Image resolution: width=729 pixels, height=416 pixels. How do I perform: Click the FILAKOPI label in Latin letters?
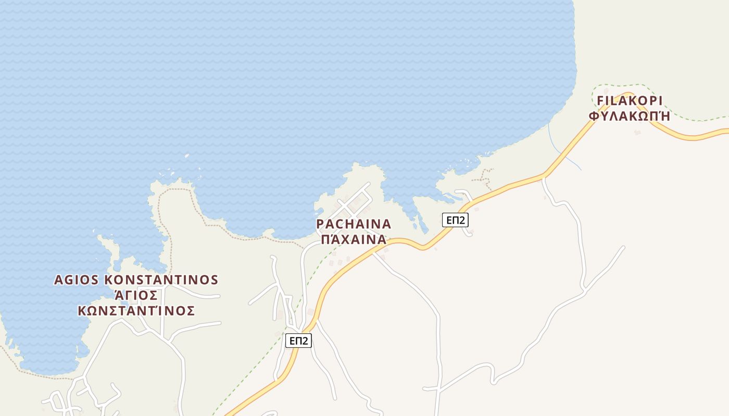point(629,100)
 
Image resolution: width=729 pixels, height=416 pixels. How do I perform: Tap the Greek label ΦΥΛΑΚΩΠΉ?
point(629,116)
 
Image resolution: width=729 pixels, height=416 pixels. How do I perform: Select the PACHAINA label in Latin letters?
point(354,224)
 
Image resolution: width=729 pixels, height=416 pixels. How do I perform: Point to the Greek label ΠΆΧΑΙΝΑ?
point(354,240)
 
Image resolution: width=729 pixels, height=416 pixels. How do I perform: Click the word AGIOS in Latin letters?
point(77,280)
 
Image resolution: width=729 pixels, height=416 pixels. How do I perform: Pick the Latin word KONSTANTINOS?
point(161,280)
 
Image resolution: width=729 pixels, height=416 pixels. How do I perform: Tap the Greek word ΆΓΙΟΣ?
point(136,295)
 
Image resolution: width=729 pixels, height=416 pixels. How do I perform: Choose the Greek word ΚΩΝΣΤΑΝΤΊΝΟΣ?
point(136,311)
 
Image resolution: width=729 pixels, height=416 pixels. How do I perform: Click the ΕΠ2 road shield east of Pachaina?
point(455,220)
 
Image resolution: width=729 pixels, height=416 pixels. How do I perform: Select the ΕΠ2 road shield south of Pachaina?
point(298,341)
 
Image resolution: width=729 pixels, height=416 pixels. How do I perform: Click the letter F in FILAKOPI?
point(600,100)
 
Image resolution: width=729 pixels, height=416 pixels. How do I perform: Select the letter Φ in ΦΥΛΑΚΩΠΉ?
point(594,116)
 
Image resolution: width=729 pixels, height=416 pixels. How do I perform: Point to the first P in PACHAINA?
point(320,224)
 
